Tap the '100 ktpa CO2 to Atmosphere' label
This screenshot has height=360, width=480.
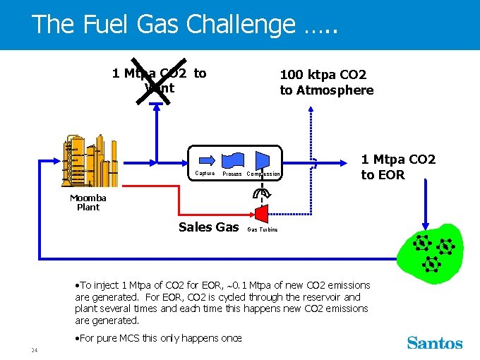tap(326, 82)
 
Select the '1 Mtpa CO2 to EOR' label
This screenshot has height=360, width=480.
tap(398, 167)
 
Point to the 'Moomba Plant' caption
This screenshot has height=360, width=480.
tap(88, 203)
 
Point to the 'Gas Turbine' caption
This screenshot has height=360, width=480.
tap(263, 229)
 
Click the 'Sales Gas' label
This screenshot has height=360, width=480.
tap(209, 227)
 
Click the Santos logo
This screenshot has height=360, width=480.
tap(435, 343)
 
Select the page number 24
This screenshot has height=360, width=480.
tap(34, 350)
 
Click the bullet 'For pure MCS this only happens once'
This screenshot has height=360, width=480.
tap(159, 338)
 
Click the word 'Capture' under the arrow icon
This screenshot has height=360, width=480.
tap(205, 173)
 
